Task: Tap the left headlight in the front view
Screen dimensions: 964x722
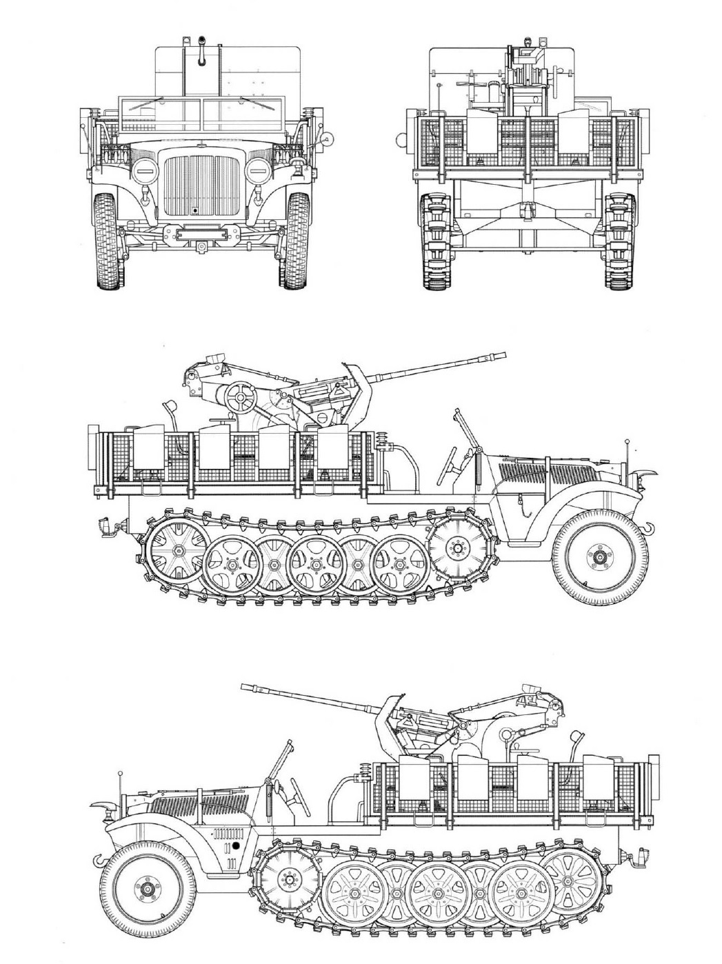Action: pos(143,170)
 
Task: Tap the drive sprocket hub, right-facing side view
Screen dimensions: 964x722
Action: pos(456,547)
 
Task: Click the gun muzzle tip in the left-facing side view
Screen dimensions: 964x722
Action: pos(245,687)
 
